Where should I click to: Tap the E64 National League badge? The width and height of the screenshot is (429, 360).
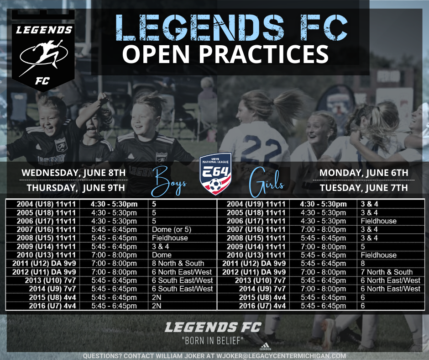(x=215, y=174)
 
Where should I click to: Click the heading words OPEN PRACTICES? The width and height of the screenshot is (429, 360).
(x=225, y=54)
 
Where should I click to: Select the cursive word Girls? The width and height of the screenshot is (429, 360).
(x=266, y=182)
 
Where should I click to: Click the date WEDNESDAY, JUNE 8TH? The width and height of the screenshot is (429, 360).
(x=73, y=173)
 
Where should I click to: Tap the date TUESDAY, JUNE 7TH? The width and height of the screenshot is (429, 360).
(x=364, y=188)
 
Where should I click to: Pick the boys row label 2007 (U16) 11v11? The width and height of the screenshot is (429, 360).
(x=46, y=230)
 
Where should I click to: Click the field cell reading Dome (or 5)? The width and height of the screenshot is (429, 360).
(x=172, y=230)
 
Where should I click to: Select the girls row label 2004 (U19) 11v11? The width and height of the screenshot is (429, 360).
(x=256, y=204)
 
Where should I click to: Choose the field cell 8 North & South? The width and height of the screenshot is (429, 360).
(x=178, y=264)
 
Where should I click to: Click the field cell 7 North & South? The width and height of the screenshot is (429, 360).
(x=387, y=272)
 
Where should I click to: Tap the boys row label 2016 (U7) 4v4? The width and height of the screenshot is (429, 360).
(x=52, y=306)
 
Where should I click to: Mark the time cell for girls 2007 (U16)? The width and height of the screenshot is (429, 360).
(x=324, y=230)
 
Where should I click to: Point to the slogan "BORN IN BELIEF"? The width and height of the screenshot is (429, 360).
(x=213, y=341)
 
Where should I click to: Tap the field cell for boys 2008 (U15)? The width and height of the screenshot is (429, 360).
(x=170, y=238)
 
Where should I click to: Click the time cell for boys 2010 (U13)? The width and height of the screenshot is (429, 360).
(x=114, y=255)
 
